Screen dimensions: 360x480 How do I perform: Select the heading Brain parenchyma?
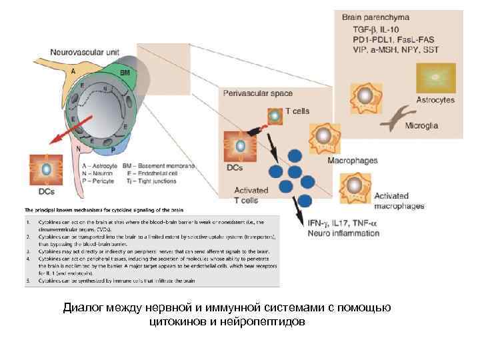coord(375,17)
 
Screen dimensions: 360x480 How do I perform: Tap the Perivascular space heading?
coord(257,93)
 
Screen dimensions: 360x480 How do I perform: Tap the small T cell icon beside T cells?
coord(275,114)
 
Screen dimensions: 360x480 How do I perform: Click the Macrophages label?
coord(352,161)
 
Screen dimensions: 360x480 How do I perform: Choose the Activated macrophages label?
coord(399,201)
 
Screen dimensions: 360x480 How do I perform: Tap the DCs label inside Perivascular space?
coord(235,168)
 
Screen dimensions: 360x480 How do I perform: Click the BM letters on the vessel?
coord(124,73)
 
